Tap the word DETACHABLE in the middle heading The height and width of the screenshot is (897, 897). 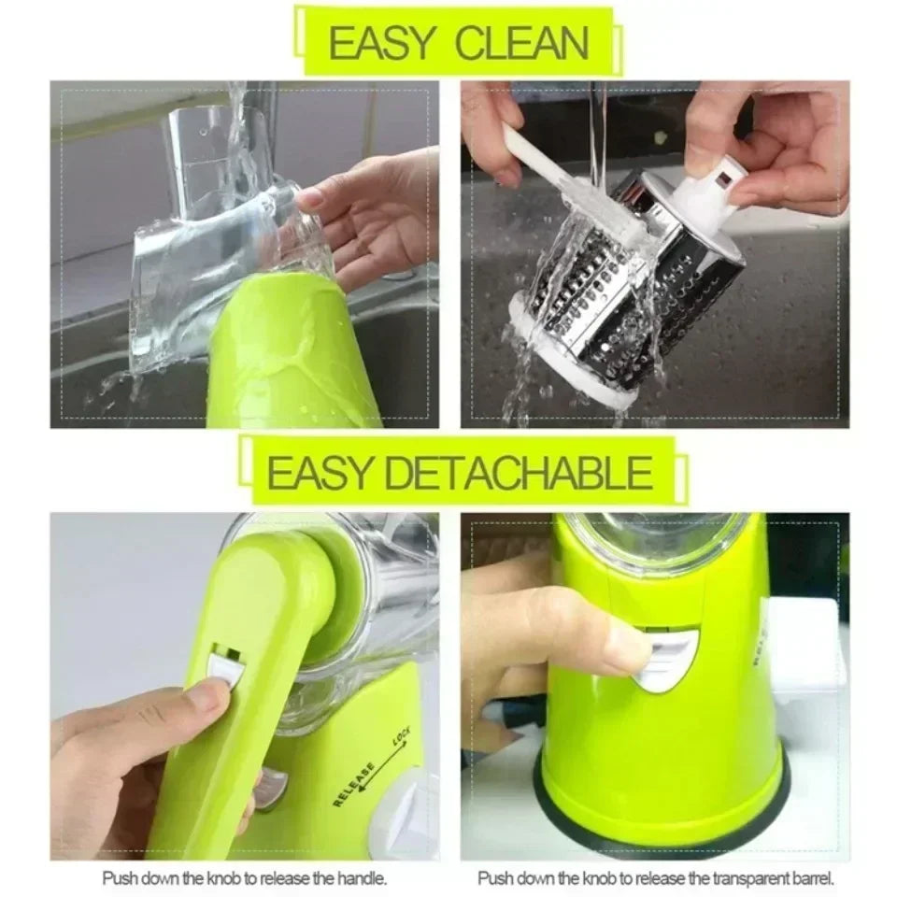(x=520, y=474)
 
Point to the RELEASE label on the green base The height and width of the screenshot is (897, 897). (x=355, y=783)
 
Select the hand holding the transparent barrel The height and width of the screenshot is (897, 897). (x=374, y=215)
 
